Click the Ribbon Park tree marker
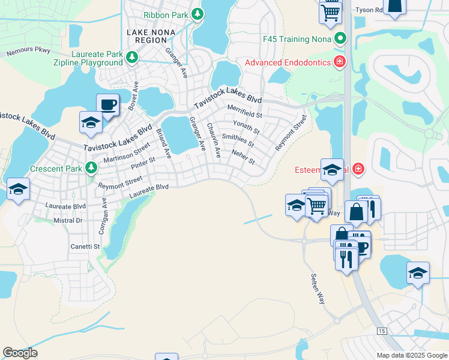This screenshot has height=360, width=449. coord(197,14)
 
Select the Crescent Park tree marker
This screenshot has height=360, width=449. coord(91,168)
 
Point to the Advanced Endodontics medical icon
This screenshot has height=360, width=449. coord(339,62)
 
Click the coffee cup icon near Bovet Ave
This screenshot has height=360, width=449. coord(107,104)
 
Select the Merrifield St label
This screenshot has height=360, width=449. coord(245,110)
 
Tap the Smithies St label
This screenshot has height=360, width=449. coord(238,140)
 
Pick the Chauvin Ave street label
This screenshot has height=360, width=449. coord(213,140)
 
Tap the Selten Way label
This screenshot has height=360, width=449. coord(318,289)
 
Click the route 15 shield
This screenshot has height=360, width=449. coord(381,331)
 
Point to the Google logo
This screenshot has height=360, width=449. coord(20,353)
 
